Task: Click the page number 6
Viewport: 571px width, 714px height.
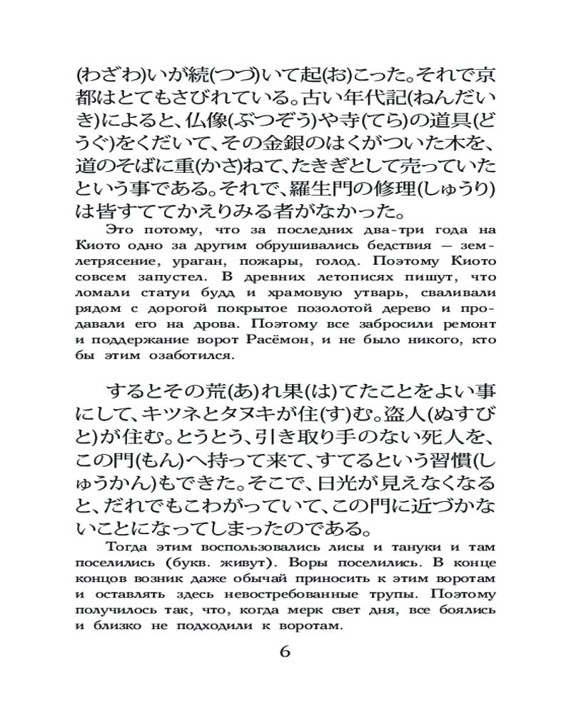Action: (x=285, y=652)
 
